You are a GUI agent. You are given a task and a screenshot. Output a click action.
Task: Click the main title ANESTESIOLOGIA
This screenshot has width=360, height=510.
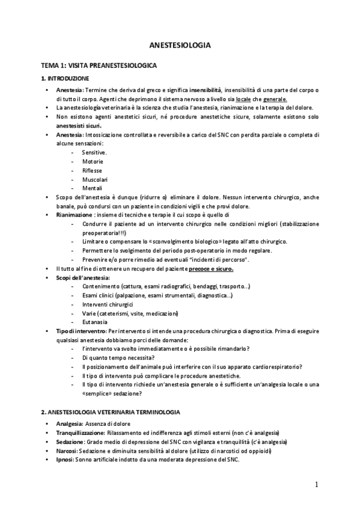coord(180,45)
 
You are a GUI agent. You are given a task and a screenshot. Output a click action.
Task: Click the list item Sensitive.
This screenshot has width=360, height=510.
coord(94,153)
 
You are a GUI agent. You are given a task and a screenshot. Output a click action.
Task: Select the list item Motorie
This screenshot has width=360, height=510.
coord(92,162)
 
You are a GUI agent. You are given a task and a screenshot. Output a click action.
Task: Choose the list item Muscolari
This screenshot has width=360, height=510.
coord(94,179)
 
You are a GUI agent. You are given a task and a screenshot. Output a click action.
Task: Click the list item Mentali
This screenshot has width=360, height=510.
coord(92,188)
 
